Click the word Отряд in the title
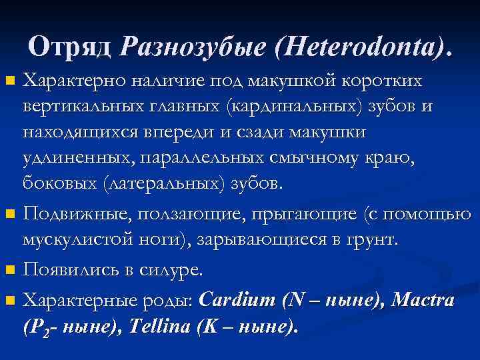(71, 47)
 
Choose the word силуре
(175, 271)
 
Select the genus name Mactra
(423, 300)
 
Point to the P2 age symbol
(34, 329)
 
